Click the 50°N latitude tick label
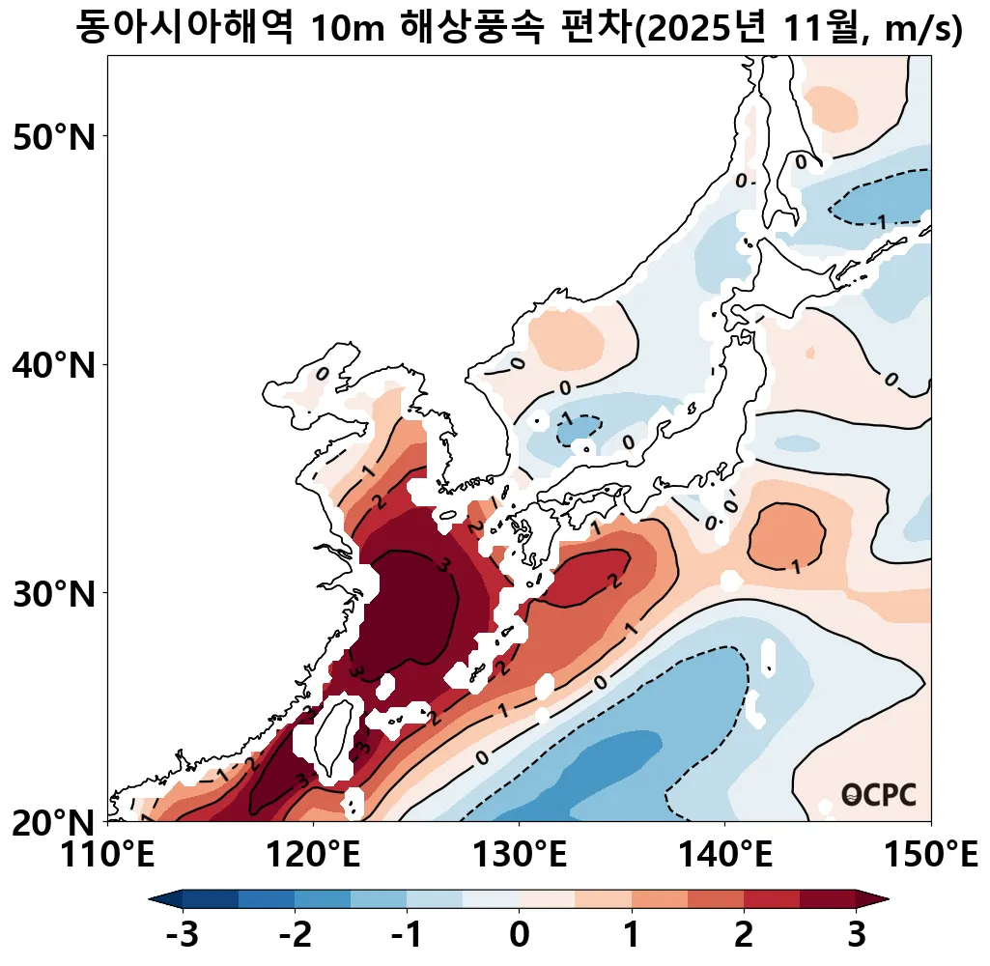(54, 137)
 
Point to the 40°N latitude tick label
(54, 366)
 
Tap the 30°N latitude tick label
(54, 593)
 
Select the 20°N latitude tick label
(54, 822)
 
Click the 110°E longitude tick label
(107, 855)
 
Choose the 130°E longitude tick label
(520, 855)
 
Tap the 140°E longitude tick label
(725, 855)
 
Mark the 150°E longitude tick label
(931, 855)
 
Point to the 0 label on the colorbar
(520, 935)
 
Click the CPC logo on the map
(878, 794)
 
